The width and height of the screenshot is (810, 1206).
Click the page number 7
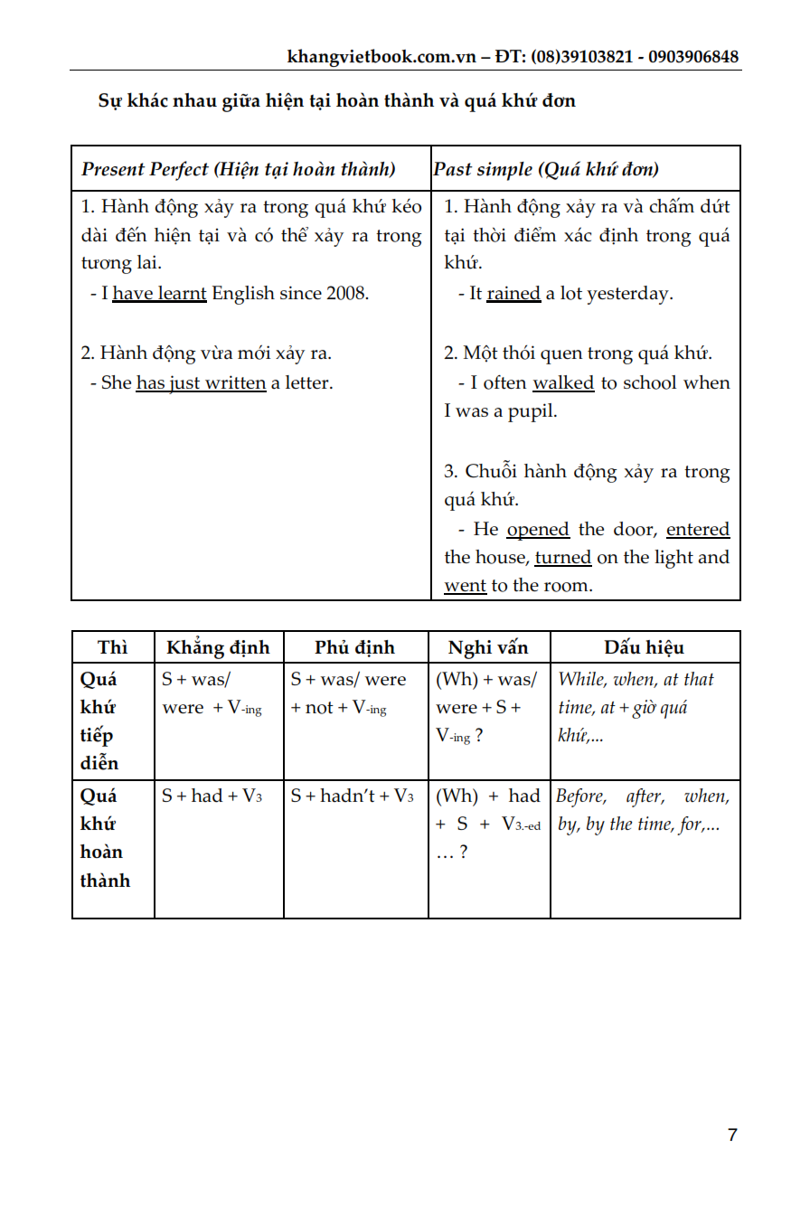pos(732,1135)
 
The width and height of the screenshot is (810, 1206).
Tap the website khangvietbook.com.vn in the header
pos(381,57)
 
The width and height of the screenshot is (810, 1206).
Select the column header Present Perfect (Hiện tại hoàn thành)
pos(239,169)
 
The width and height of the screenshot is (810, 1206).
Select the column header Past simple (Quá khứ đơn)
pos(546,169)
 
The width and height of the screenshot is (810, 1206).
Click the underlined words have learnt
pos(159,293)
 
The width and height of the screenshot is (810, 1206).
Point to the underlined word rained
pos(513,293)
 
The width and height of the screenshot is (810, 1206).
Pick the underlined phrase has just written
pos(201,382)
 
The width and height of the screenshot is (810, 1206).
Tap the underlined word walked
pos(563,382)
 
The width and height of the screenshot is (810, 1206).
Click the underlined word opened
pos(538,529)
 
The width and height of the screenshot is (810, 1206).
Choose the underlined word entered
pos(698,529)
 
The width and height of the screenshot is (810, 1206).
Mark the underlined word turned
pos(563,557)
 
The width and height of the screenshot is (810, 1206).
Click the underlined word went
pos(465,585)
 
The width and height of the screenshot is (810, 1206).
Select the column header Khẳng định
pos(218,647)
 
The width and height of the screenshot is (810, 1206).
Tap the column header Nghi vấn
pos(488,647)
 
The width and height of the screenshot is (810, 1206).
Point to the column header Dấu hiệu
pos(645,647)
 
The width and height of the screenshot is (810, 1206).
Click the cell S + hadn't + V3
pos(353,796)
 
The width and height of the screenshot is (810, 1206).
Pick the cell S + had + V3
pos(212,796)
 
